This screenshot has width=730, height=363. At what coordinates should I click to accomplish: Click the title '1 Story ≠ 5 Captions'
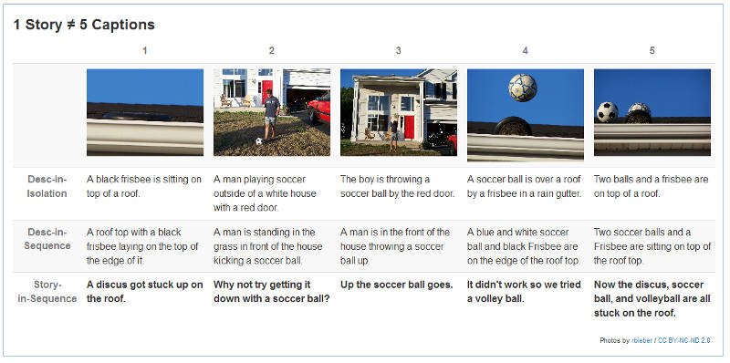[84, 25]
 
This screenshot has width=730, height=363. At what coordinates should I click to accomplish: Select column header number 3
[398, 51]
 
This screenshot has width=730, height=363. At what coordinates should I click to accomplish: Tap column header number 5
[652, 51]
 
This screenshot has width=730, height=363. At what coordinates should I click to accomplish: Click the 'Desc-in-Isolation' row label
[47, 186]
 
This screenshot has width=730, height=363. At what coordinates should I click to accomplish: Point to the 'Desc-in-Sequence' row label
[47, 239]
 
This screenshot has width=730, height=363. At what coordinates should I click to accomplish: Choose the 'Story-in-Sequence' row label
[47, 291]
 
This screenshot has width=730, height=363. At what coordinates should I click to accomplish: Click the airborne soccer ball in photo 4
[522, 88]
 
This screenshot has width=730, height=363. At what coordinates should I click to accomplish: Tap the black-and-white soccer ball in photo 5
[607, 112]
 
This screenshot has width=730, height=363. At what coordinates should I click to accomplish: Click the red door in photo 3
[409, 127]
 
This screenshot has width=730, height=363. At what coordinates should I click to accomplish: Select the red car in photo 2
[319, 109]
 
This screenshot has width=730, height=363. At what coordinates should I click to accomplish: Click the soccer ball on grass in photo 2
[259, 140]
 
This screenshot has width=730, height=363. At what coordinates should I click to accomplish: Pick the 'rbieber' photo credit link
[641, 341]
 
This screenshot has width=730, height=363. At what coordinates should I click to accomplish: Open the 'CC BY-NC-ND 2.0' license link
[683, 341]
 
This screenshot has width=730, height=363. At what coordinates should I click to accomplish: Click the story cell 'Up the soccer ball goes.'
[397, 285]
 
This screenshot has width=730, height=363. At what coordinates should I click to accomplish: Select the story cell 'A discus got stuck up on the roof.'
[145, 292]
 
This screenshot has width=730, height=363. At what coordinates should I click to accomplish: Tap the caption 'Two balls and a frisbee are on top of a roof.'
[651, 186]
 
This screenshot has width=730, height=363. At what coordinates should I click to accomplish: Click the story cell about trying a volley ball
[524, 292]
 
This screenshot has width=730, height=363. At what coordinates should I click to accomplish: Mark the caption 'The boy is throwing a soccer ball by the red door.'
[398, 186]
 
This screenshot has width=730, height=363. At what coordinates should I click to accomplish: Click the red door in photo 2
[267, 90]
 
